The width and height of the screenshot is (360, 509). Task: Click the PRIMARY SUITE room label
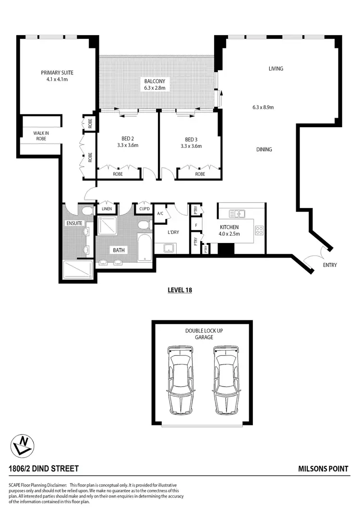click(57, 73)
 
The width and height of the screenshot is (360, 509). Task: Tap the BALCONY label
click(155, 81)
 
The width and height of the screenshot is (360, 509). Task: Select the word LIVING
click(276, 69)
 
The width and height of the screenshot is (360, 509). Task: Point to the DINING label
click(264, 149)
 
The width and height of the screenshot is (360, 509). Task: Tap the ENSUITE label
click(75, 223)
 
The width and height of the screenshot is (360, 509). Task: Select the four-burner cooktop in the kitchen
click(259, 230)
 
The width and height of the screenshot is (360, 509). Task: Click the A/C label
click(160, 214)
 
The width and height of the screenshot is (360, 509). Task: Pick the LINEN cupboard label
click(107, 209)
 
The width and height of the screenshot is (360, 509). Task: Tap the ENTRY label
click(330, 265)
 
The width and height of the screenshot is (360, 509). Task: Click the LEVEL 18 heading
click(180, 290)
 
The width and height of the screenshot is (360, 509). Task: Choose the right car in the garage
click(226, 380)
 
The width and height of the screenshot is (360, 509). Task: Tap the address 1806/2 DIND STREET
click(44, 468)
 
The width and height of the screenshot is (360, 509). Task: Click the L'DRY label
click(173, 232)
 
